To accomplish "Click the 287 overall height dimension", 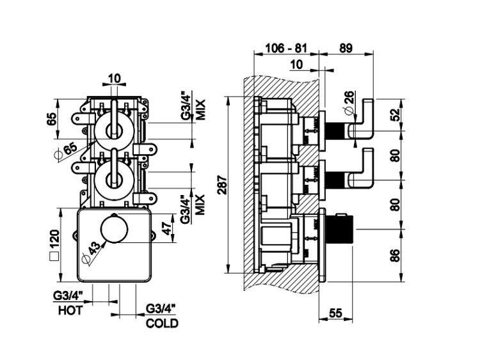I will [221, 185].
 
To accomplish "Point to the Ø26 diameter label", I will [349, 102].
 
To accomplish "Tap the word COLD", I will [162, 324].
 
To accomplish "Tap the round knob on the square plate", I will [113, 228].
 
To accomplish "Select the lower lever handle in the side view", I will [365, 168].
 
